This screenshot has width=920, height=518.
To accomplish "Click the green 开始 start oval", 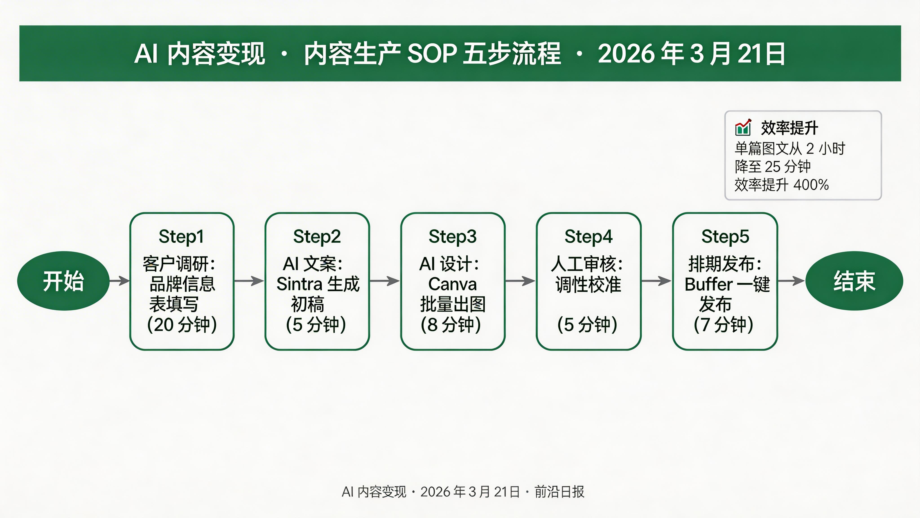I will pyautogui.click(x=63, y=281).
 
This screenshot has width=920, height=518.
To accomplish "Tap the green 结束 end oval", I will pyautogui.click(x=854, y=281).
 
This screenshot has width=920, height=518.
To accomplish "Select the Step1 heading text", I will pyautogui.click(x=181, y=237).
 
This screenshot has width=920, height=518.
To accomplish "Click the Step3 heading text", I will pyautogui.click(x=453, y=237).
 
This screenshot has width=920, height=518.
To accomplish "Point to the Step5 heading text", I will pyautogui.click(x=725, y=237).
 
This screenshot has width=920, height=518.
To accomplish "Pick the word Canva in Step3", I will pyautogui.click(x=453, y=284).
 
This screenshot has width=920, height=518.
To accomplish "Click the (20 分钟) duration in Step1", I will pyautogui.click(x=182, y=325).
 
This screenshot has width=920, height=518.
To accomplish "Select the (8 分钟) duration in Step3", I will pyautogui.click(x=451, y=325).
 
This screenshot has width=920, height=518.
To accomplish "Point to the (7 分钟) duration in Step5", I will pyautogui.click(x=723, y=325).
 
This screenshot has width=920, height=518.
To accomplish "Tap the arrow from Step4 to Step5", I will pyautogui.click(x=657, y=281).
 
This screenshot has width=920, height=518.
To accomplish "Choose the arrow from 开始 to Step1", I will pyautogui.click(x=119, y=281).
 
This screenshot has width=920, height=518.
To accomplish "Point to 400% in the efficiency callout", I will pyautogui.click(x=811, y=185).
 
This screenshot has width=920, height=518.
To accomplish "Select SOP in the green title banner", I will pyautogui.click(x=431, y=54).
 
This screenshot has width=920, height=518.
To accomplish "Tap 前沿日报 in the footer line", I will pyautogui.click(x=559, y=492).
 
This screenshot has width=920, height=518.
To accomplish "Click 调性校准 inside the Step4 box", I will pyautogui.click(x=588, y=285).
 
